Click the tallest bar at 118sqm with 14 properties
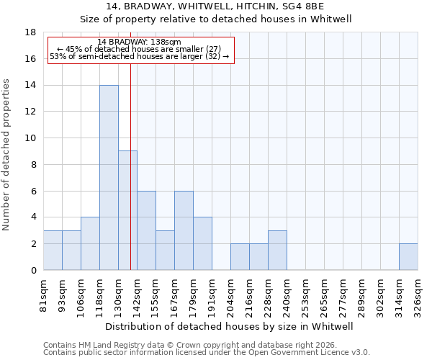coord(109,178)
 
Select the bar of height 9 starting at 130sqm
coord(127,210)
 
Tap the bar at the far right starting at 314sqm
coord(408,257)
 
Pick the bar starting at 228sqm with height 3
coord(277,251)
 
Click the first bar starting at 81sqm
coord(53,251)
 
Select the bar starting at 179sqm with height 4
coord(202,243)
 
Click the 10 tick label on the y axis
coord(31,138)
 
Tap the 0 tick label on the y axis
coord(33,271)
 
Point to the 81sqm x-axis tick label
coord(43,292)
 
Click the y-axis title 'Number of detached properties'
coord(7,155)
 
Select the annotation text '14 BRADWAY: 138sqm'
coord(140,42)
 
